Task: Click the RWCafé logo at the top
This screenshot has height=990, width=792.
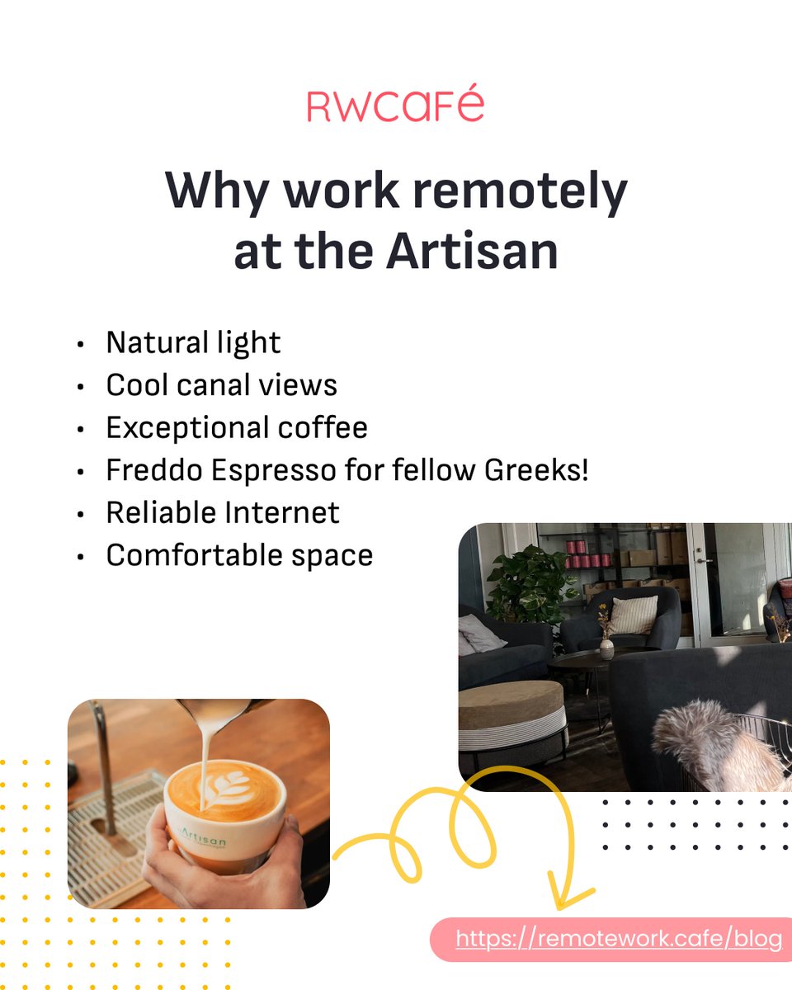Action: point(395,106)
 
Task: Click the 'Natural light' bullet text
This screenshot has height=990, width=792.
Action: point(193,342)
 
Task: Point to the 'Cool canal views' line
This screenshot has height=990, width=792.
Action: point(221,385)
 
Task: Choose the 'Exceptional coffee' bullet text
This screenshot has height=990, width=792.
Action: point(237,427)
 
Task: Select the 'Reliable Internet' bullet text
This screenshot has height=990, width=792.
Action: point(223,512)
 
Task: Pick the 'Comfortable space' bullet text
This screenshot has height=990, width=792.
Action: point(239,555)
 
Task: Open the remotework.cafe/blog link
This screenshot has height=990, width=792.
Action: point(618,939)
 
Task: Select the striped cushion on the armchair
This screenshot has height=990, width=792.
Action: point(633,614)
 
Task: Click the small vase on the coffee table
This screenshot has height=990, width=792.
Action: point(606,648)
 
